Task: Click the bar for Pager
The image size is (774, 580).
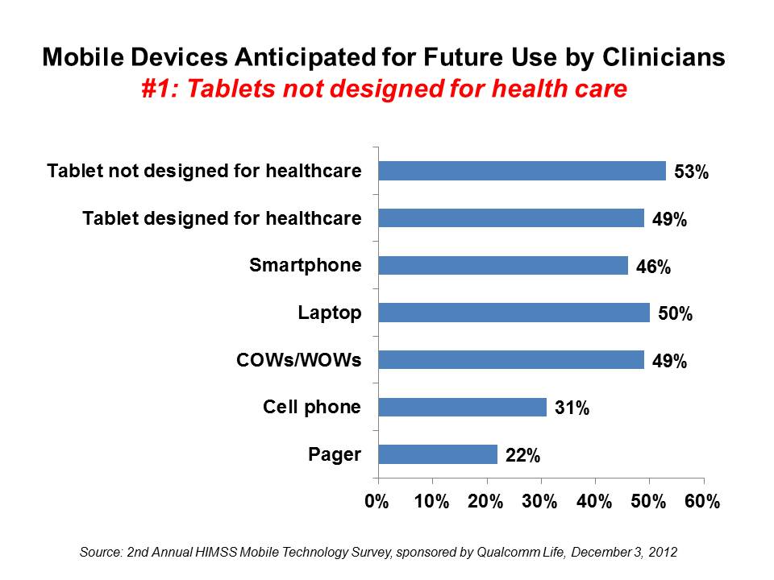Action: (438, 454)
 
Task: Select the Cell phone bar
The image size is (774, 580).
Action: (462, 408)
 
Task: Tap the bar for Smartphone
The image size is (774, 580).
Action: (502, 265)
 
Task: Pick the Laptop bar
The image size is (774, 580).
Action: (514, 313)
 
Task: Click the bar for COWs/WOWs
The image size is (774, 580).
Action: (510, 359)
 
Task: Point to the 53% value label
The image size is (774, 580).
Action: (692, 172)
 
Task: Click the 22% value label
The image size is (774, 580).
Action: (522, 456)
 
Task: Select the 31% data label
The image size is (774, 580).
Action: (572, 408)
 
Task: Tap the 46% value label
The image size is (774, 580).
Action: (653, 267)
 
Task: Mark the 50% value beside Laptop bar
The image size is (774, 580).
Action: (675, 313)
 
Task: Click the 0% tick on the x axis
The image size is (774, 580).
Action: (377, 501)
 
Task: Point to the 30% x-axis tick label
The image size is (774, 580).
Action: (539, 501)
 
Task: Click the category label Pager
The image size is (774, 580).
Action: (335, 454)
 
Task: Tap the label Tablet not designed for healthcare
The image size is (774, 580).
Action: (204, 171)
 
